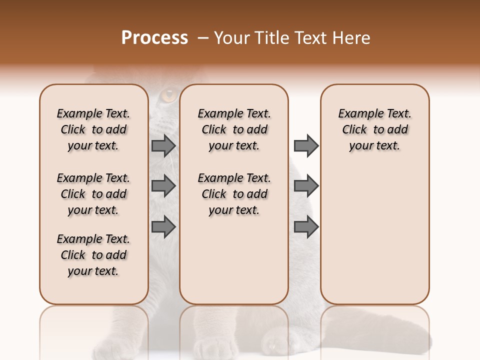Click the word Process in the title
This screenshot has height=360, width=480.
tap(154, 37)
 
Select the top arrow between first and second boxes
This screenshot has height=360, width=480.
tap(163, 145)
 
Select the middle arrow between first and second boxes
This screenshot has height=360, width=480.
tap(163, 186)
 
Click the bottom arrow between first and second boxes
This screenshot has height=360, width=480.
tap(163, 226)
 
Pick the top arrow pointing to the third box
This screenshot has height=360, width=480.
tap(306, 145)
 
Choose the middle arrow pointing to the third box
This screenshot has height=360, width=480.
tap(306, 186)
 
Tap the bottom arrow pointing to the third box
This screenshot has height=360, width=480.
tap(306, 226)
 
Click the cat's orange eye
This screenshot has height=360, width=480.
tap(169, 94)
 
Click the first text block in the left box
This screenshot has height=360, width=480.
tap(93, 129)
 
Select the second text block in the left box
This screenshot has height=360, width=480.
tap(93, 194)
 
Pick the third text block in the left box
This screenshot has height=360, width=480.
tap(93, 255)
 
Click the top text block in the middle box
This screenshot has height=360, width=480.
tap(234, 129)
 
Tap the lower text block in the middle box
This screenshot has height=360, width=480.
tap(234, 194)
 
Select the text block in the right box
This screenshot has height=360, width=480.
tap(374, 129)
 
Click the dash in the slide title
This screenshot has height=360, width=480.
tap(203, 38)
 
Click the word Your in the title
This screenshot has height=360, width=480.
tap(232, 37)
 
